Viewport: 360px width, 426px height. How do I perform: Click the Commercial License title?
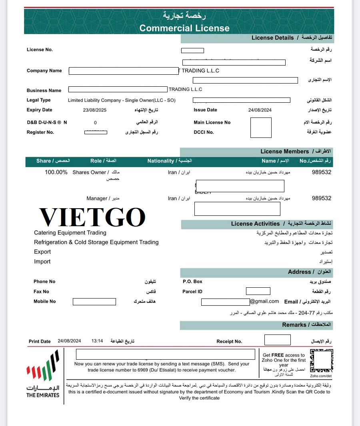point(184,28)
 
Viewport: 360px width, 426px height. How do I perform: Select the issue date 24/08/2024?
point(260,110)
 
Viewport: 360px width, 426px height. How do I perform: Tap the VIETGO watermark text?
point(92,217)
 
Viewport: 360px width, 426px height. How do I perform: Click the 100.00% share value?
point(56,172)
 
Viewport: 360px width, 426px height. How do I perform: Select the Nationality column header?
point(169,161)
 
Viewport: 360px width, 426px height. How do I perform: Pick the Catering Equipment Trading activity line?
point(70,233)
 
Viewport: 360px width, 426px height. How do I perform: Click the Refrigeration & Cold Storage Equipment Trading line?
point(96,242)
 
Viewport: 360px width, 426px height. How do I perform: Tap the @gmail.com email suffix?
point(265,301)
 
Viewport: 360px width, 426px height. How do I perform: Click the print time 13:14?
point(97,341)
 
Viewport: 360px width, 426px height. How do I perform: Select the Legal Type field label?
point(39,100)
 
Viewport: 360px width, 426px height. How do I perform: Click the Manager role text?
point(97,198)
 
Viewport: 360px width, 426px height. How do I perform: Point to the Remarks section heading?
point(294,325)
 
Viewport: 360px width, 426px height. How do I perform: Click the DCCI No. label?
point(204,132)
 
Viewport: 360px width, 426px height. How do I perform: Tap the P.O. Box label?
point(192,281)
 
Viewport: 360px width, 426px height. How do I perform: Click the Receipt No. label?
point(229,341)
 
